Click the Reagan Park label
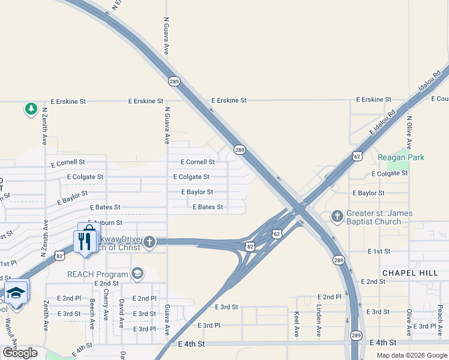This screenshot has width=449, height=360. (401, 157)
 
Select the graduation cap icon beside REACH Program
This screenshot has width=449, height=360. (137, 274)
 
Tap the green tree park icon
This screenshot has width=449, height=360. (31, 109)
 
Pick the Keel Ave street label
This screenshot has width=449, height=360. (297, 323)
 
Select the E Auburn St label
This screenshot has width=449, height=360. (106, 223)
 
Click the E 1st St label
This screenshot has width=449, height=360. (379, 251)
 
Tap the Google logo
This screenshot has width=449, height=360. (19, 353)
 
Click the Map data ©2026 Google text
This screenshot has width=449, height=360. (411, 355)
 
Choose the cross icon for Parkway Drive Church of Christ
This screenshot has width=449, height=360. (149, 242)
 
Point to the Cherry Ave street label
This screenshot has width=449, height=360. (106, 305)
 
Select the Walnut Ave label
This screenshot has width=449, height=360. (13, 334)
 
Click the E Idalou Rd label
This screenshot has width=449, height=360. (384, 121)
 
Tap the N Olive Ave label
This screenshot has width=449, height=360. (409, 133)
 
